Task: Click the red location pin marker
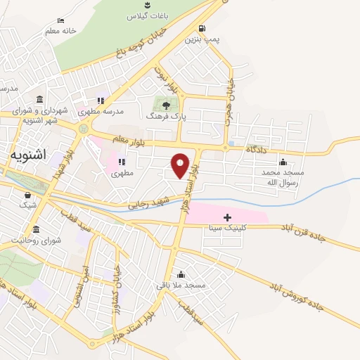(x=181, y=165)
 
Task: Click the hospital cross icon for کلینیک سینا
(x=227, y=217)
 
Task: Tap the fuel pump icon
(x=202, y=29)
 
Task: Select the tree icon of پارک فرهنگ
(x=166, y=105)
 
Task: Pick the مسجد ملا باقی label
(x=181, y=285)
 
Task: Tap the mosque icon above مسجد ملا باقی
(x=181, y=274)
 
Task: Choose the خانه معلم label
(x=60, y=31)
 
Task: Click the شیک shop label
(x=27, y=205)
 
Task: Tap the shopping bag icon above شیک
(x=27, y=195)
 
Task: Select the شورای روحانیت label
(x=27, y=240)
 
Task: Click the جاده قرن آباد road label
(x=312, y=235)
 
